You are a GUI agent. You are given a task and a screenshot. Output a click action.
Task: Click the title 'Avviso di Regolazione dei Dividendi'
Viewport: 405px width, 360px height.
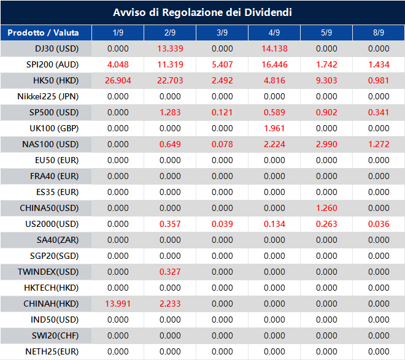[x=202, y=12]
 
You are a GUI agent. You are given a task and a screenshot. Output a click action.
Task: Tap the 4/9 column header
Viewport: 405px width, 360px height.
[x=274, y=33]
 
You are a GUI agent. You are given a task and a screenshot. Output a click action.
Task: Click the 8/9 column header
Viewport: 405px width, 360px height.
[x=379, y=33]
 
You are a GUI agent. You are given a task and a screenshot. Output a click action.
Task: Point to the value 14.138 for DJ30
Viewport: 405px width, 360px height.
[x=274, y=48]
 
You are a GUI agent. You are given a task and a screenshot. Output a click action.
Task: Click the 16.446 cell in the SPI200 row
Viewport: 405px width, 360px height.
[x=274, y=64]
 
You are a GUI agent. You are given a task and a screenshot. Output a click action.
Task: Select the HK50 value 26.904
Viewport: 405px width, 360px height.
[x=118, y=80]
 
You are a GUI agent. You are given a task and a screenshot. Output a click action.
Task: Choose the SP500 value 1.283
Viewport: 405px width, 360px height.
[x=170, y=112]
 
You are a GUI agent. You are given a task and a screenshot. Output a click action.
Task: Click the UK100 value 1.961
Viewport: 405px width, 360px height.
[x=274, y=128]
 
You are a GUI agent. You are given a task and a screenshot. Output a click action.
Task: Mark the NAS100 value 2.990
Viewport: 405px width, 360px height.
[x=326, y=144]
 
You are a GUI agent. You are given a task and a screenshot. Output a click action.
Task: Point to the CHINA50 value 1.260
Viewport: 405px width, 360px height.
[x=326, y=208]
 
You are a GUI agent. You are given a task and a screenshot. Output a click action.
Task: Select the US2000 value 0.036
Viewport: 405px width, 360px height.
[x=379, y=224]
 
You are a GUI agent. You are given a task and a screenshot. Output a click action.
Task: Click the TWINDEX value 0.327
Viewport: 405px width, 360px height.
[x=170, y=272]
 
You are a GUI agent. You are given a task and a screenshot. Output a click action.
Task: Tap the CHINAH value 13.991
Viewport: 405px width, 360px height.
[x=118, y=304]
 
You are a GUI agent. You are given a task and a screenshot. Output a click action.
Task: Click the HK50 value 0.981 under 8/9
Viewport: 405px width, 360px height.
[x=379, y=80]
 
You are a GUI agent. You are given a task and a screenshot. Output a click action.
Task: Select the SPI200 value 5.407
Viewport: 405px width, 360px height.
[x=222, y=64]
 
